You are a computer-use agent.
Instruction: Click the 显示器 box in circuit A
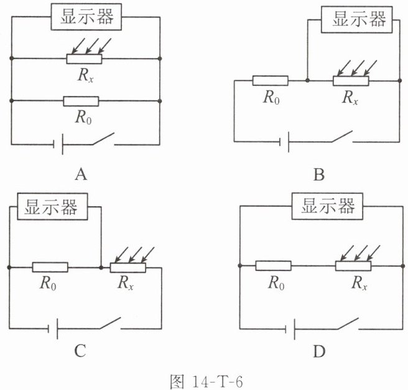pos(86,17)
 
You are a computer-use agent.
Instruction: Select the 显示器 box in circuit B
pos(357,19)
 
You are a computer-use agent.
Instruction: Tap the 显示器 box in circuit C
pos(52,206)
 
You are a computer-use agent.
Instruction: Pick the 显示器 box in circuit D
pos(327,206)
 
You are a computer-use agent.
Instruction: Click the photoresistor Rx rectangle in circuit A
pos(84,59)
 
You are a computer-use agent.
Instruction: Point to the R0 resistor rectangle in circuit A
pos(81,101)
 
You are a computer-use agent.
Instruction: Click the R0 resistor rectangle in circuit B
pos(271,80)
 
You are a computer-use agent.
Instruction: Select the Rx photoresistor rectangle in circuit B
pos(351,81)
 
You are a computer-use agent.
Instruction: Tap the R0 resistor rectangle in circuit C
pos(50,267)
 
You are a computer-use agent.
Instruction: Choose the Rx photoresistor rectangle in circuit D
pos(353,265)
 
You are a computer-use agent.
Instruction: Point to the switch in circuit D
pos(348,323)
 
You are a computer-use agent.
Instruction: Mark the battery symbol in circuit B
pos(284,142)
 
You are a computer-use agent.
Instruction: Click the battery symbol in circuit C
pos(53,328)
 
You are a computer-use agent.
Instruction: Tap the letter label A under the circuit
pos(81,174)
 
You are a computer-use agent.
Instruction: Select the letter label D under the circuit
pos(319,351)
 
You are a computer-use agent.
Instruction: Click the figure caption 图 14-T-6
pos(206,382)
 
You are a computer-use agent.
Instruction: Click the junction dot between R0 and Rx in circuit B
pos(308,80)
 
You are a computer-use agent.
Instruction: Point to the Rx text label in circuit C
pos(125,283)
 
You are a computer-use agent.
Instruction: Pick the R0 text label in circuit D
pos(276,283)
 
